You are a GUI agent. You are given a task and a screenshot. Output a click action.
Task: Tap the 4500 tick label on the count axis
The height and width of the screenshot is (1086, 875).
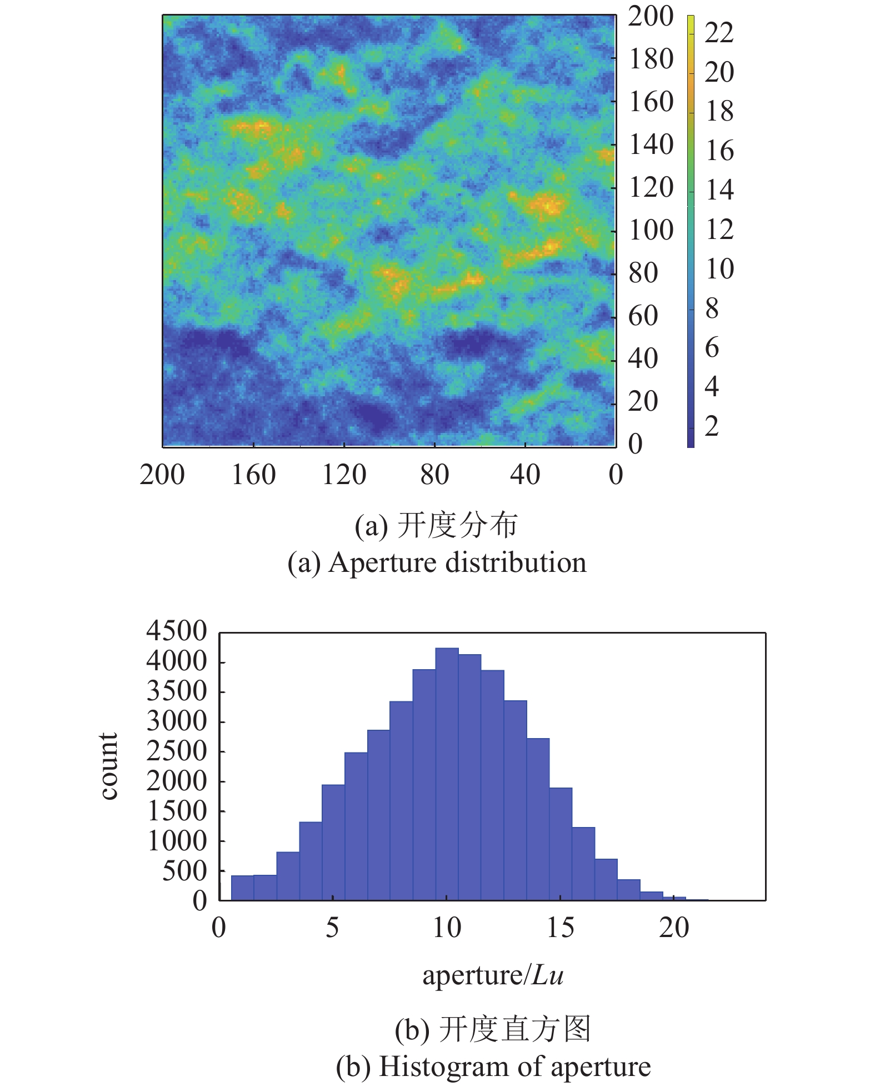point(177,632)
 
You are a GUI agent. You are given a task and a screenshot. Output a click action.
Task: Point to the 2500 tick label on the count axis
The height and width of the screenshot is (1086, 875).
point(177,752)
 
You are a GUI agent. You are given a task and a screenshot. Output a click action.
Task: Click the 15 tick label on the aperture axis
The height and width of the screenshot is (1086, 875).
point(560,928)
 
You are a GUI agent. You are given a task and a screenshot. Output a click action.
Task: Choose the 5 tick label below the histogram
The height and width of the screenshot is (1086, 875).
point(332,928)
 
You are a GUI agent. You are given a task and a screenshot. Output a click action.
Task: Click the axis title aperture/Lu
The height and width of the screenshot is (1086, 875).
point(493,975)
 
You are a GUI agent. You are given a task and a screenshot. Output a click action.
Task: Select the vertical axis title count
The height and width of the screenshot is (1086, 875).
point(109,766)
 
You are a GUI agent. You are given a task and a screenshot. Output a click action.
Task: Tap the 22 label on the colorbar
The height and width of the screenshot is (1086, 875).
point(719,33)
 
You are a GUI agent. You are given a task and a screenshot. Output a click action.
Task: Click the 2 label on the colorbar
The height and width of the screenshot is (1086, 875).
point(712,426)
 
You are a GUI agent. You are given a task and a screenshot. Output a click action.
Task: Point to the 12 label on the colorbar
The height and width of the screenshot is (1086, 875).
point(719,230)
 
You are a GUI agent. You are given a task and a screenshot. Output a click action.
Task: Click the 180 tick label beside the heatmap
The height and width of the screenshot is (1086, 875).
point(651,59)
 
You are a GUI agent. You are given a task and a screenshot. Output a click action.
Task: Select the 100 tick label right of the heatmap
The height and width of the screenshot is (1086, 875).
point(651,231)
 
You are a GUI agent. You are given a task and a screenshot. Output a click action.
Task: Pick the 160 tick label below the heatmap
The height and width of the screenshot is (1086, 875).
point(253,475)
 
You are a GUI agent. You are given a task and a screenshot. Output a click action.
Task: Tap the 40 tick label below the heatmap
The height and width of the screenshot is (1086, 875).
point(525,475)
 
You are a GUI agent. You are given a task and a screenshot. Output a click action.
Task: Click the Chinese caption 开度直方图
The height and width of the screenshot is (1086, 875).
point(514,1029)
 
